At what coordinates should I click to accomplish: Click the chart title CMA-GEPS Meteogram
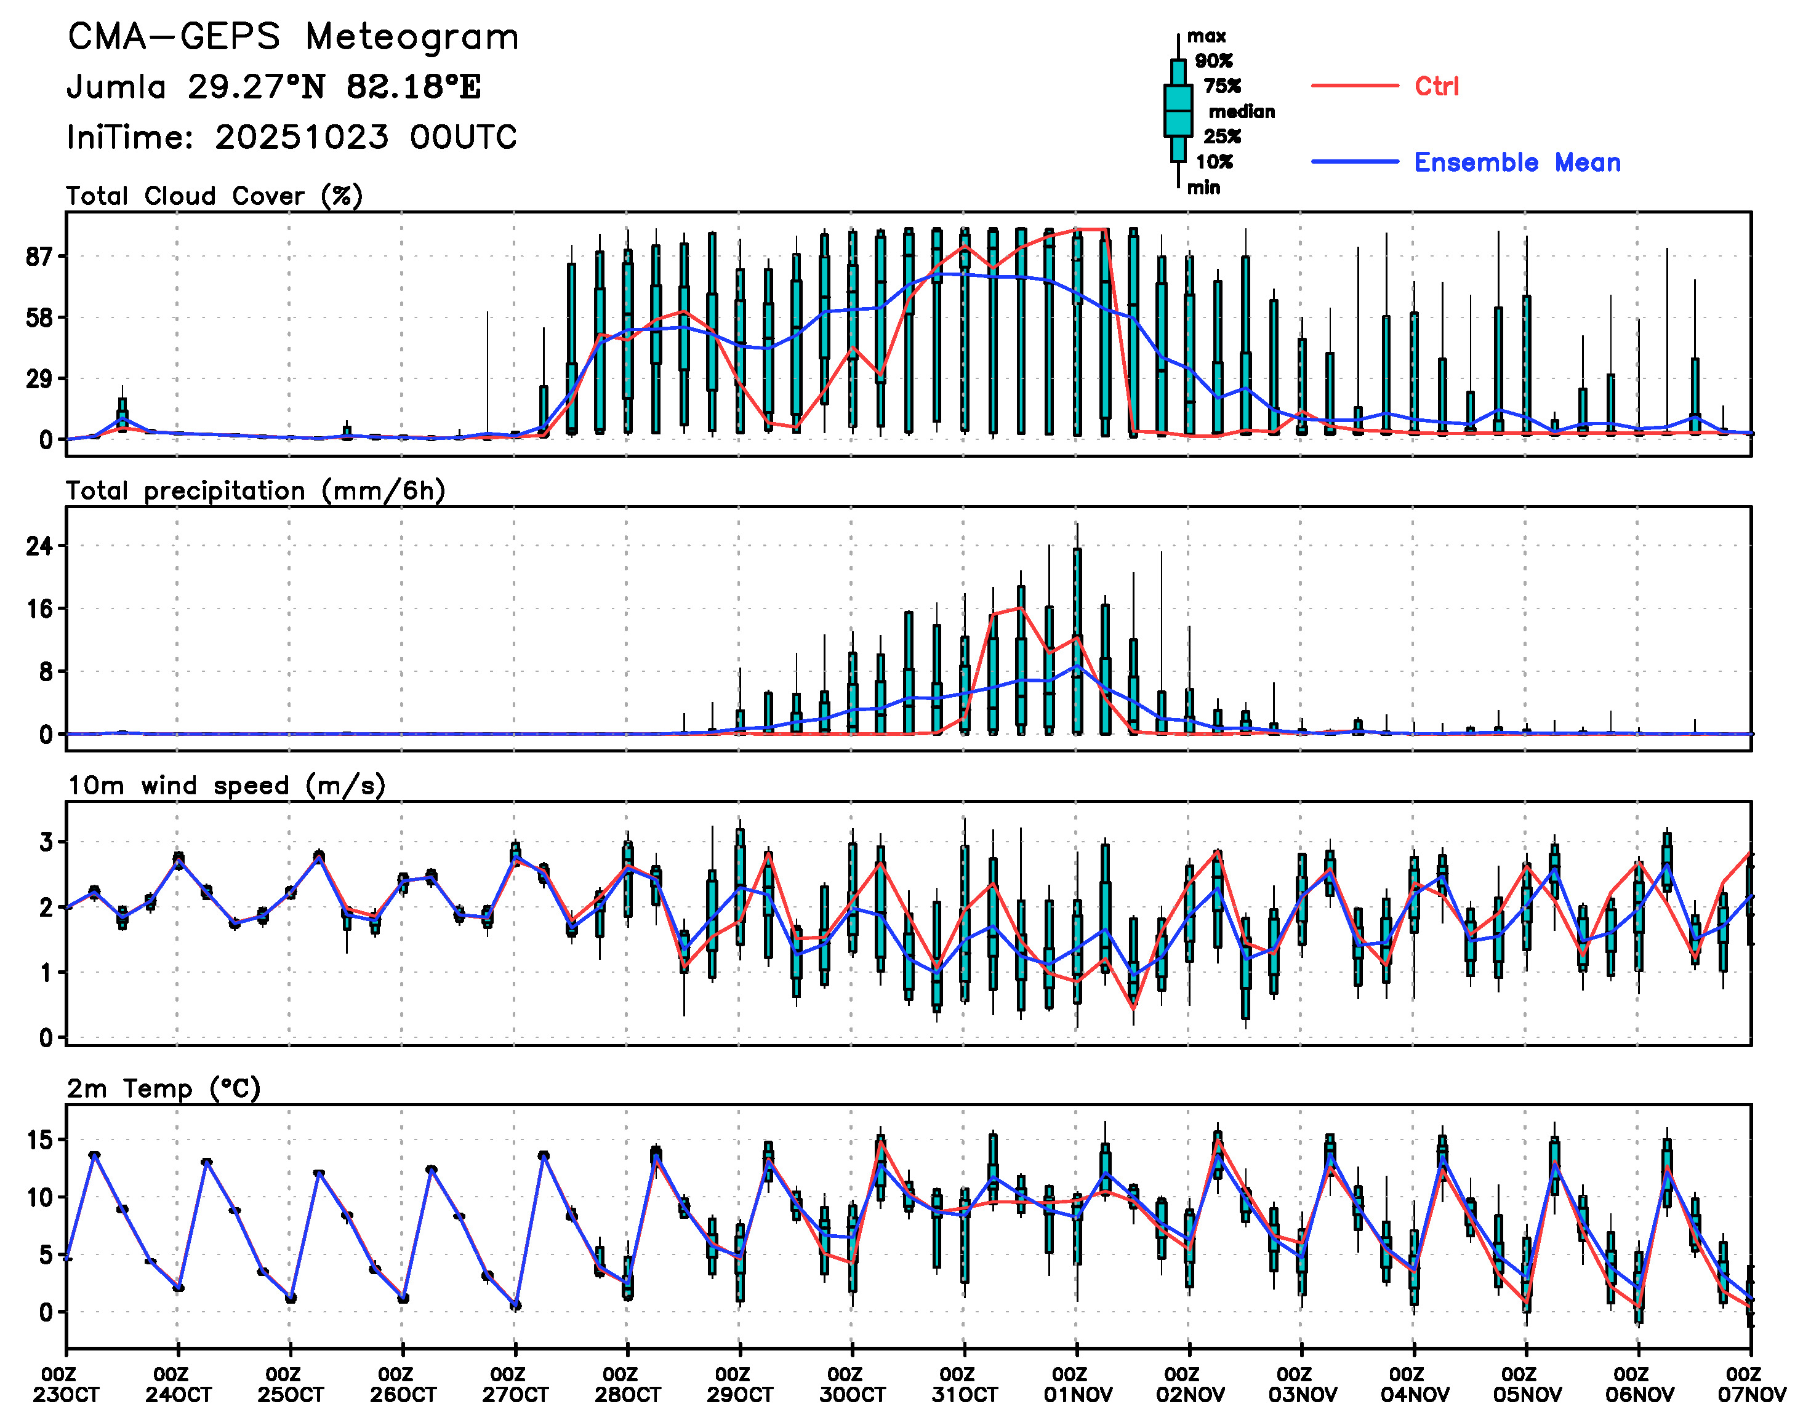coord(293,38)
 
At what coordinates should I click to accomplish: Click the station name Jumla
coord(116,87)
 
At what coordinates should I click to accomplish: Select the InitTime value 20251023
coord(301,137)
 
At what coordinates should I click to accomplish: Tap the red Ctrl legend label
coord(1436,86)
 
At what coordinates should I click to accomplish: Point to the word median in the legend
coord(1242,112)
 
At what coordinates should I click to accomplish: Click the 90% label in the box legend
coord(1213,61)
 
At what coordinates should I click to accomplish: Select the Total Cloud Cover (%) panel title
coord(214,196)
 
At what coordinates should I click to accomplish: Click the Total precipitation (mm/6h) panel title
coord(255,491)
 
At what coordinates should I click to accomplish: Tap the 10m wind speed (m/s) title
coord(226,786)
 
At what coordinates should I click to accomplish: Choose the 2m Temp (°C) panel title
coord(164,1088)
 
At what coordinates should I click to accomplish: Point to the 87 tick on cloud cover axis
coord(39,257)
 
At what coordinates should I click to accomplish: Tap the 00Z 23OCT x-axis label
coord(66,1384)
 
